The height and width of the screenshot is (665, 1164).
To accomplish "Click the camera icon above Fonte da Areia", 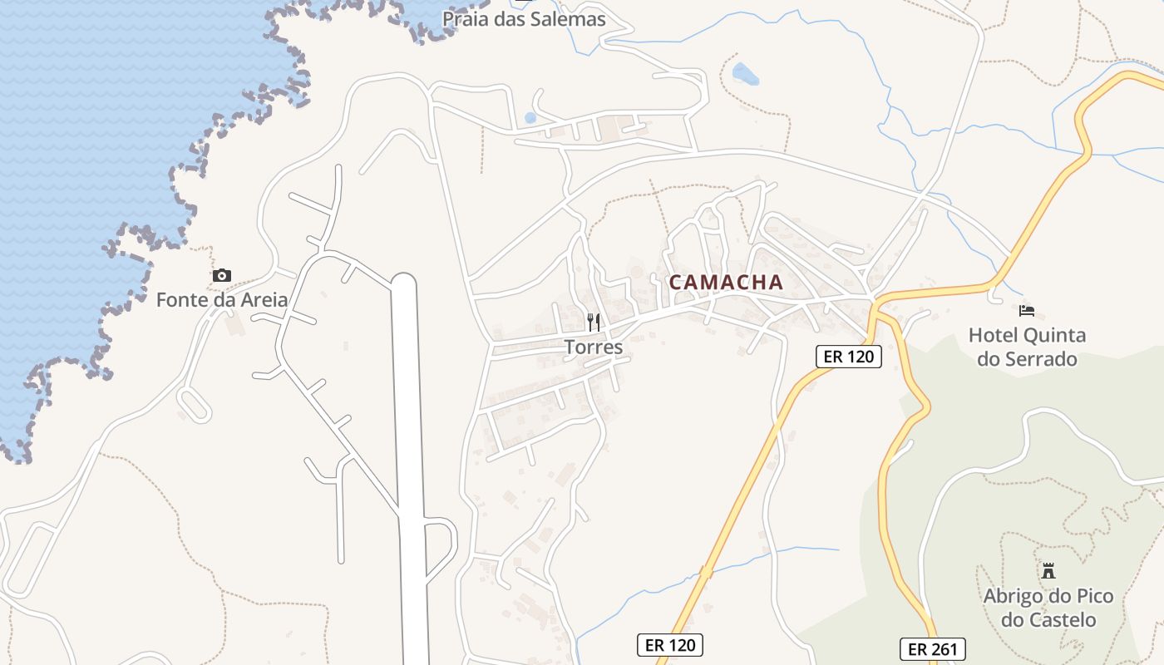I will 221,276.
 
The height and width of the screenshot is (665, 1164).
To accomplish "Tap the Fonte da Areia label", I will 221,300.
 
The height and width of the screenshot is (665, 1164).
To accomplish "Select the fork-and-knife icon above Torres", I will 594,322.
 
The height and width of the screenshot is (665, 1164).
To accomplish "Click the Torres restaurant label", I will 594,347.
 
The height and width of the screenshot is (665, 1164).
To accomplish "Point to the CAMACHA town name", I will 726,283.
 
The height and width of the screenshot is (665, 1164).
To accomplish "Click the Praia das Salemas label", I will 524,19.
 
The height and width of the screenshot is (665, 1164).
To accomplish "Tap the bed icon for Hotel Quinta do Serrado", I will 1027,311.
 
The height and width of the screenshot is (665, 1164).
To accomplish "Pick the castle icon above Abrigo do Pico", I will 1048,571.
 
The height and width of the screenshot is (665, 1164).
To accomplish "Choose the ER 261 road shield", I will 932,649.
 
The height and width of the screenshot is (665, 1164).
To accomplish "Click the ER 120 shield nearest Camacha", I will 847,357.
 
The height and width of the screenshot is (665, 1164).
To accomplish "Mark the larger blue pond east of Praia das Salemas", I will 745,75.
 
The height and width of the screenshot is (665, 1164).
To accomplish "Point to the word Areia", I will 262,300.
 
